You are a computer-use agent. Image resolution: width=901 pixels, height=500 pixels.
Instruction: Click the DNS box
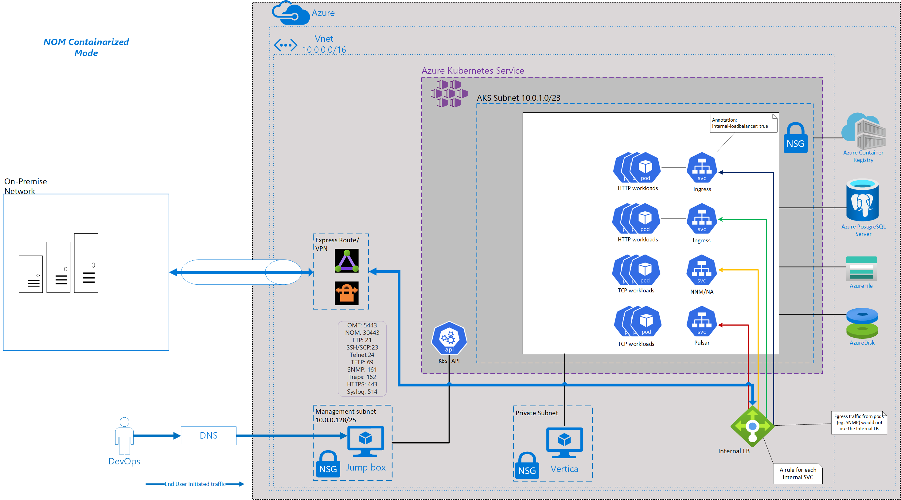pyautogui.click(x=209, y=435)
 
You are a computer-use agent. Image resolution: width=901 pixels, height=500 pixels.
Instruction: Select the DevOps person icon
pyautogui.click(x=124, y=435)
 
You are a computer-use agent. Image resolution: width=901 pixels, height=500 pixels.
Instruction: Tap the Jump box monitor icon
pyautogui.click(x=365, y=440)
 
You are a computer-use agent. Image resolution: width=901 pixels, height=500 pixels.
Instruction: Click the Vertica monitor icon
pyautogui.click(x=564, y=442)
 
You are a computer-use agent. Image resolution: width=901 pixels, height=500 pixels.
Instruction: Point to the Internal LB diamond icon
pyautogui.click(x=752, y=426)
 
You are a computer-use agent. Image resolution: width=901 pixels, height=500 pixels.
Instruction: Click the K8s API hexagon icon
pyautogui.click(x=449, y=338)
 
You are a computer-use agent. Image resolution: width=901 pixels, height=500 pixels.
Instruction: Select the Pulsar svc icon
pyautogui.click(x=702, y=321)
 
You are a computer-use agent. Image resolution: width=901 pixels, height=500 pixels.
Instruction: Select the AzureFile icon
pyautogui.click(x=861, y=268)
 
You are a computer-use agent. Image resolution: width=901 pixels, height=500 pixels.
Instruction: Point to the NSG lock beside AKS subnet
pyautogui.click(x=795, y=138)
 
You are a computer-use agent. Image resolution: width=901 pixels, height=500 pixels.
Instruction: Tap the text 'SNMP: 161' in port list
pyautogui.click(x=362, y=369)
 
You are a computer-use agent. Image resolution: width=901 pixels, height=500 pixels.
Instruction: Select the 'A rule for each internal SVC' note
pyautogui.click(x=798, y=473)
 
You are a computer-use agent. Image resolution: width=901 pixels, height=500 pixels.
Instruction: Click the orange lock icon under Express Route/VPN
pyautogui.click(x=346, y=293)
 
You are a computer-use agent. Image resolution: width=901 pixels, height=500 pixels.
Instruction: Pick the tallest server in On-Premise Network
pyautogui.click(x=86, y=263)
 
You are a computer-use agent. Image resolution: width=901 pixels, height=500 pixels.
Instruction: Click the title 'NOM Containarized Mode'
pyautogui.click(x=86, y=47)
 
